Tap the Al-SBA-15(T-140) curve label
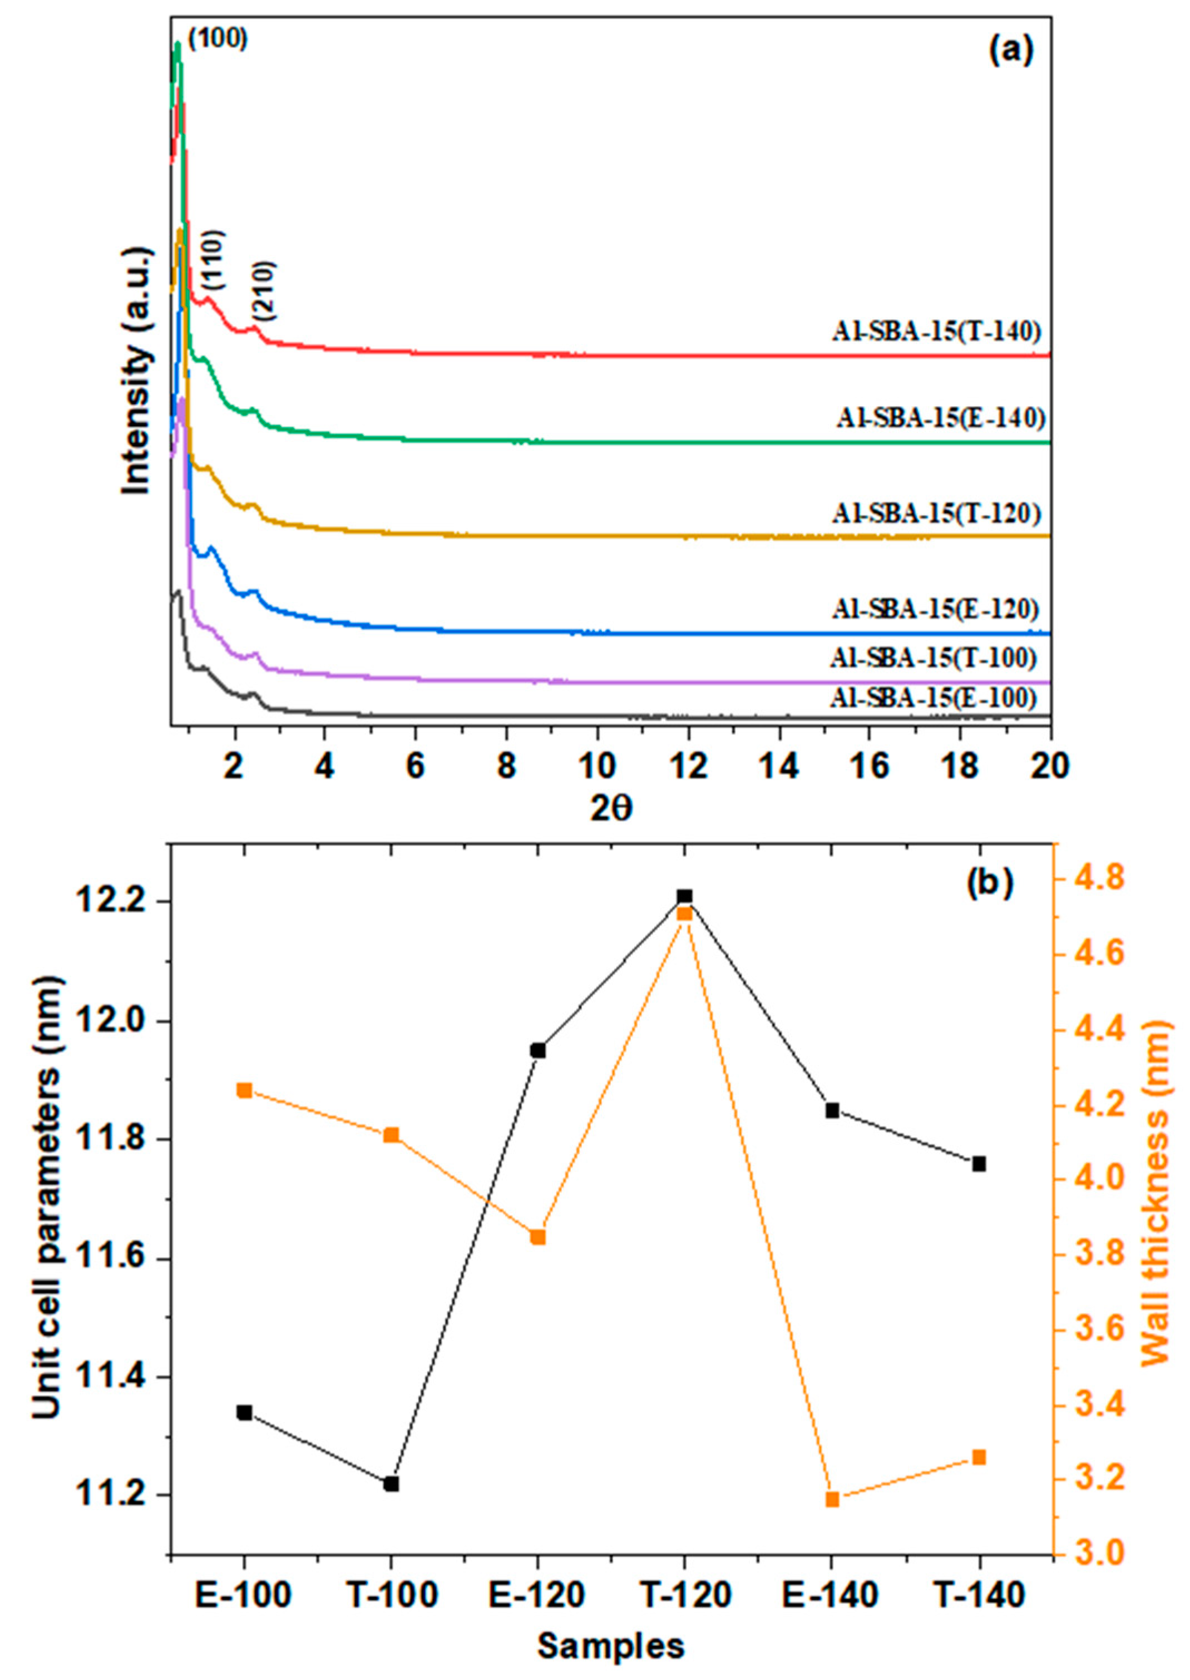click(x=936, y=332)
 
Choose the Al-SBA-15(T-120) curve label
click(x=936, y=513)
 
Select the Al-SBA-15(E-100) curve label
click(x=933, y=698)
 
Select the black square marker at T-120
click(x=684, y=896)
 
